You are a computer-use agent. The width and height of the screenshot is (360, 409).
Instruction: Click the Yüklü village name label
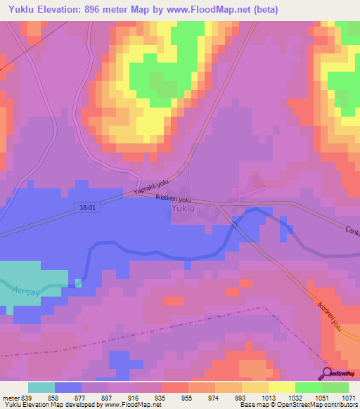coord(186,217)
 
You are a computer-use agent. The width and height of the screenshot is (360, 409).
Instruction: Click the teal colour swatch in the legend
coord(41,387)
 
